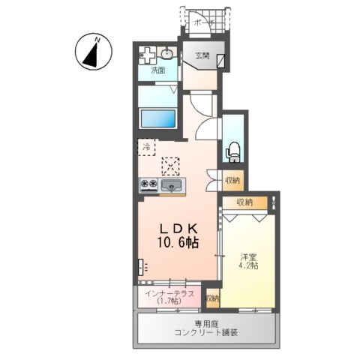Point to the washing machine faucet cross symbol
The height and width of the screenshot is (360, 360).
[x=148, y=55]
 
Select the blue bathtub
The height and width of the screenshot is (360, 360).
[x=157, y=119]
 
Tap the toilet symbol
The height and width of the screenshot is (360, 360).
[x=232, y=150]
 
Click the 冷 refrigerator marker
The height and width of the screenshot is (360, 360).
[x=145, y=147]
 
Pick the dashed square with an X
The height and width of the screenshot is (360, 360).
[x=171, y=166]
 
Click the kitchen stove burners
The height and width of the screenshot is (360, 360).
[x=148, y=184]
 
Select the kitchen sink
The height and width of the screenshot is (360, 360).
[x=172, y=186]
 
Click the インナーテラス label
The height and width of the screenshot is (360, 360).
[x=169, y=293]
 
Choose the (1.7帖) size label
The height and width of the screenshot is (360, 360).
[x=169, y=302]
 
